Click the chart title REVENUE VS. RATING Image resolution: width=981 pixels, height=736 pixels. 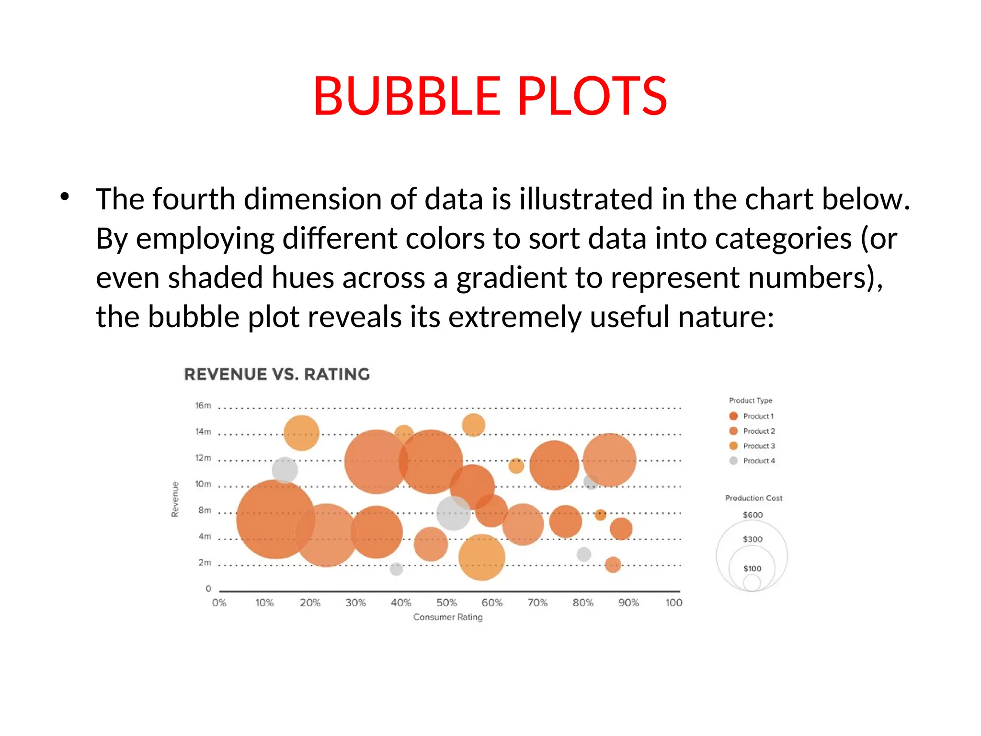277,374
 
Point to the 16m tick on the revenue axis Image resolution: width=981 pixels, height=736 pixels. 203,405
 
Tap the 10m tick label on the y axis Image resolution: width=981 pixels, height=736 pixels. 203,484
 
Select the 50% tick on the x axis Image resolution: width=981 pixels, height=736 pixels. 446,603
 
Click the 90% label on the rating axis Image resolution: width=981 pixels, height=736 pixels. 628,603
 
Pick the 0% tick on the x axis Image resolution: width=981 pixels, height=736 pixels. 219,603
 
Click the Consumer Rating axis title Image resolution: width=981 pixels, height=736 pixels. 448,617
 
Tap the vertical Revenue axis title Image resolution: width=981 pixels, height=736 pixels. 175,499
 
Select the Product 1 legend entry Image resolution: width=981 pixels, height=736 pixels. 758,416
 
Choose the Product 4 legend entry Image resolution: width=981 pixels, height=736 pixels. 758,461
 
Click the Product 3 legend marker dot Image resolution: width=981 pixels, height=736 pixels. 733,446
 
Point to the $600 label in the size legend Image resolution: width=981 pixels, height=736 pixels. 753,515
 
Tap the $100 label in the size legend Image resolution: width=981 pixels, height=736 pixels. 752,569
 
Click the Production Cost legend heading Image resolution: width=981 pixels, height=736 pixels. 753,498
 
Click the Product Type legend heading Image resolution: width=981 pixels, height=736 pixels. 751,401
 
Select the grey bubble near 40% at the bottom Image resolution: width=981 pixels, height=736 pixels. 396,569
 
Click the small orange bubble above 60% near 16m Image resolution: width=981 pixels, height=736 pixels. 473,425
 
